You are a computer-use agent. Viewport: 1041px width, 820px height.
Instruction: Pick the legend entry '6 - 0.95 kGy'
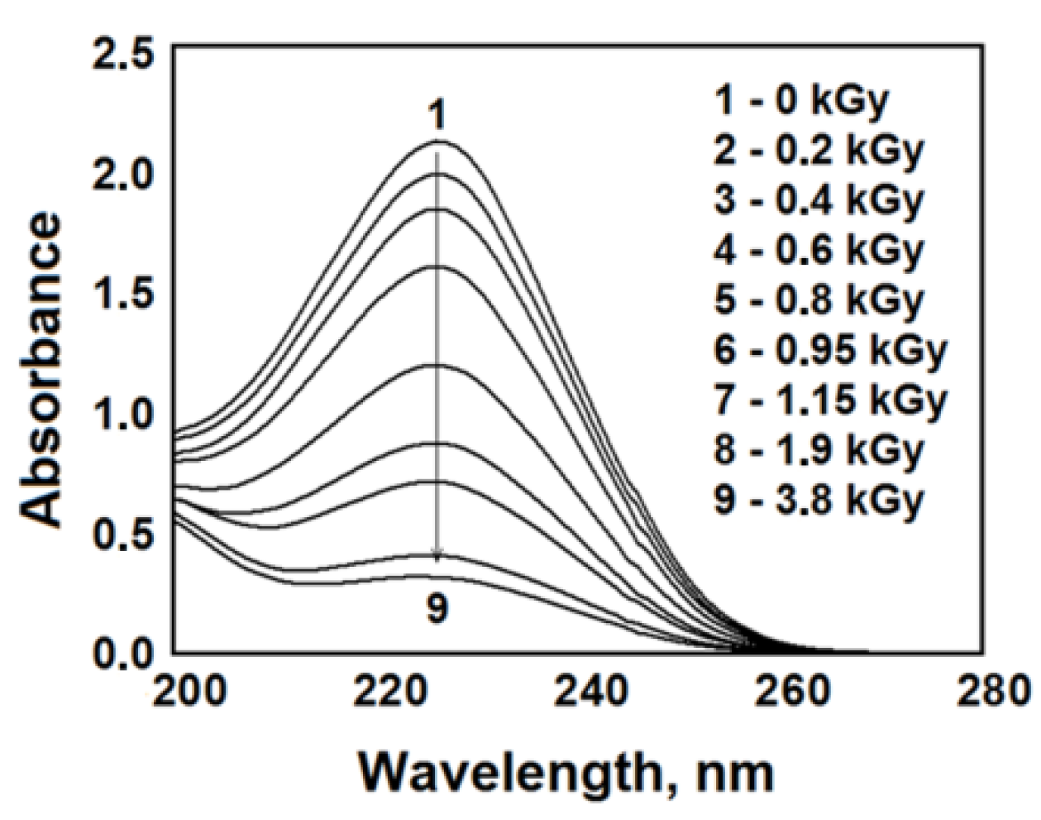(830, 351)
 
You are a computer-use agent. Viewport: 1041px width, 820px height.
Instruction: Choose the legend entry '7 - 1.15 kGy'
(830, 401)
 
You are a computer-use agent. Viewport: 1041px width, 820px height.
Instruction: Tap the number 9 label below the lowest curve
(437, 610)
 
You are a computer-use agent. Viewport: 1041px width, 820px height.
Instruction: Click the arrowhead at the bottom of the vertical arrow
(438, 554)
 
